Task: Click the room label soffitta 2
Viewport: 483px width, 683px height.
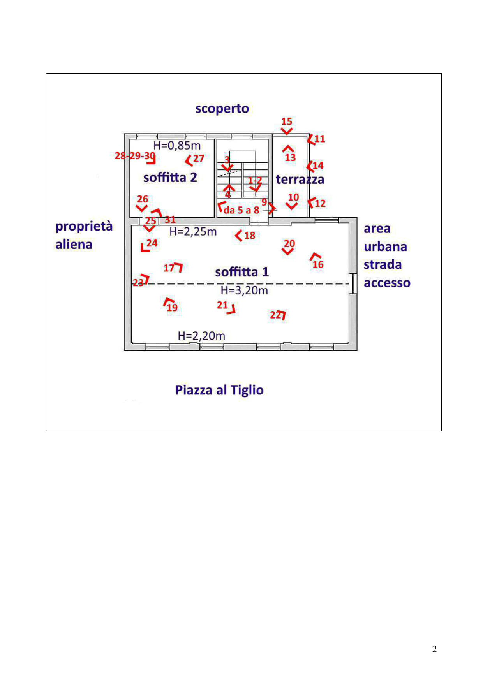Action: pos(170,178)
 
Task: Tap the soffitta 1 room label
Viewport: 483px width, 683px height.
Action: pos(242,272)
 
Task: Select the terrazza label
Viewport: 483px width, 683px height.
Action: pos(300,180)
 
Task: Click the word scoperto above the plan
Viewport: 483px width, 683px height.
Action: pos(222,109)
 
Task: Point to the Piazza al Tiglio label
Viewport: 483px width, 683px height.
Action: pos(219,390)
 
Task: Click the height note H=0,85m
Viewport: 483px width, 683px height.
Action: pos(177,146)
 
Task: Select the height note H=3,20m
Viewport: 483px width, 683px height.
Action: pos(244,290)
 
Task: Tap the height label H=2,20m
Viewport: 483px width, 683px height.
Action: pos(201,336)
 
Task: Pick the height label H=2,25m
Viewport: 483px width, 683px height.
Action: pos(193,232)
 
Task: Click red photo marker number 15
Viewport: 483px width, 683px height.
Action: pos(287,121)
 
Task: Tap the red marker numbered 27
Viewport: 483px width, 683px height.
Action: pos(198,158)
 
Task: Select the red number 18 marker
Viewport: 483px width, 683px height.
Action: pos(249,235)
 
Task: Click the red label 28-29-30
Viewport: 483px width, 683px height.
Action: pos(135,156)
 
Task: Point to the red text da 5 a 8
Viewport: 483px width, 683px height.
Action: pos(241,210)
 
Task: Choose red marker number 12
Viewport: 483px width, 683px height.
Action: pos(320,203)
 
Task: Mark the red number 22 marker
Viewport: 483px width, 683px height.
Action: pos(275,315)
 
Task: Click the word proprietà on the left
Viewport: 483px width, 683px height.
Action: pos(84,226)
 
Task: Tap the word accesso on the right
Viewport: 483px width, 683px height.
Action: pos(387,283)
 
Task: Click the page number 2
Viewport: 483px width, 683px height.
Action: pos(434,649)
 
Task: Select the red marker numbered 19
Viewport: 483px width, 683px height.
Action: pos(172,308)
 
